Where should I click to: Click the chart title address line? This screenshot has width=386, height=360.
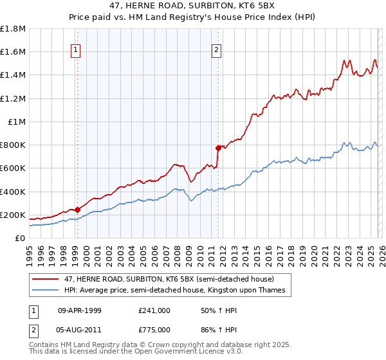coord(192,6)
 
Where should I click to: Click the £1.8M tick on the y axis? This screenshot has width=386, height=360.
coord(13,29)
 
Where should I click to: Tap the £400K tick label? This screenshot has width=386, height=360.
coord(13,192)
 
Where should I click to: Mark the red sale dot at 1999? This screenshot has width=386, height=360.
coord(77,210)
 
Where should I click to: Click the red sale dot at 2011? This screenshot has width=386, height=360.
coord(219,148)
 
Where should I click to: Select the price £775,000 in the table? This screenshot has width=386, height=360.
coord(154,328)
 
